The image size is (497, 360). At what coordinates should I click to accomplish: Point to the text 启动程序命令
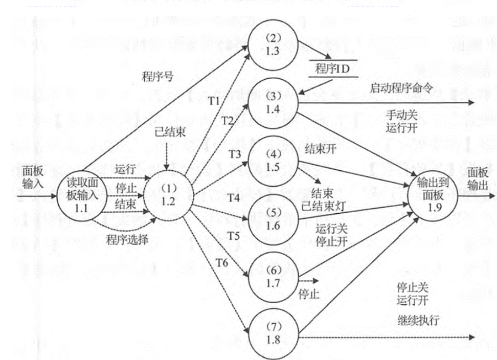[402, 88]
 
